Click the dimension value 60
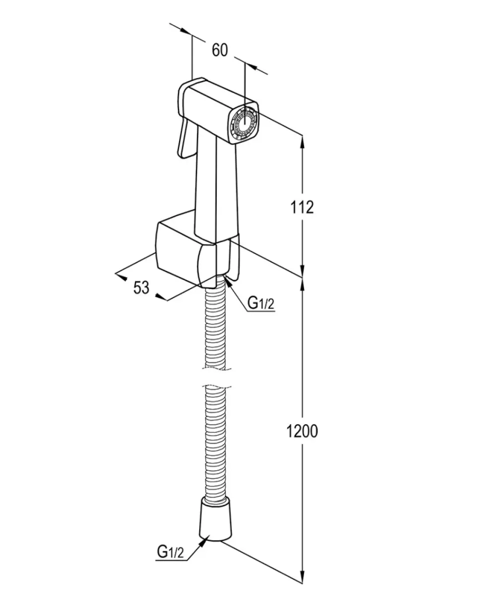pos(220,51)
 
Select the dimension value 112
pos(302,207)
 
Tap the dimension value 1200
pos(303,431)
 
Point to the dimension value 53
pos(141,288)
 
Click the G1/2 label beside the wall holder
pos(261,303)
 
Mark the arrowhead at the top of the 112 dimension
pos(303,142)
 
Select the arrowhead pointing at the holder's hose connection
pos(228,283)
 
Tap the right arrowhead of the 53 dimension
pos(161,297)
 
